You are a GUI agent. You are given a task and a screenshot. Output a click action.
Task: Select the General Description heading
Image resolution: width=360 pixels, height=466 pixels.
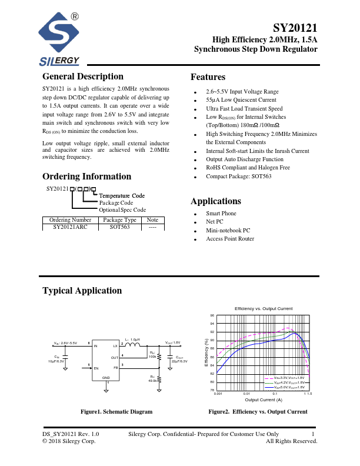coord(83,76)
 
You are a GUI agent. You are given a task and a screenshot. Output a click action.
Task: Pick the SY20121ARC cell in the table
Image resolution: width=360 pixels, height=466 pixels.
coord(69,226)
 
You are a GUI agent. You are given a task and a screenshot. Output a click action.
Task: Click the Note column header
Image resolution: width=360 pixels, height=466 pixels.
coord(152,219)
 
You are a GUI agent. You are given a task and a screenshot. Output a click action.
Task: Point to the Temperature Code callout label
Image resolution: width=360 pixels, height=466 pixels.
coord(122,195)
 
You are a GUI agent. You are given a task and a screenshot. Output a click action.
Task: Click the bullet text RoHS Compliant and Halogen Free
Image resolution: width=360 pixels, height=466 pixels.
coord(248,168)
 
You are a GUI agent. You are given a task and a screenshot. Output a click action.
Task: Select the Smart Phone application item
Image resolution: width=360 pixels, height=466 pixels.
coord(221,214)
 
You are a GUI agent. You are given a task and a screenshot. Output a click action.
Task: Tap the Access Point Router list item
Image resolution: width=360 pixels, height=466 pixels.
coord(230,239)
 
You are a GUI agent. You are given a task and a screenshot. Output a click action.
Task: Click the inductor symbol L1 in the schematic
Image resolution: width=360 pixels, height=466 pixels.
coord(134,345)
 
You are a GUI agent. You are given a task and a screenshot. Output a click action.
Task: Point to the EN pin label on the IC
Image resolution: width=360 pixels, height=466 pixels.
coord(96,367)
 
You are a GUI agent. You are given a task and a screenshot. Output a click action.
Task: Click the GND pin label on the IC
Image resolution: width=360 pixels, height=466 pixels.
coord(106,377)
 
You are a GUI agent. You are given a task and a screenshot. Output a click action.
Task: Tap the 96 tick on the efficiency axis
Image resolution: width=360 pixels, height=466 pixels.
coord(212,315)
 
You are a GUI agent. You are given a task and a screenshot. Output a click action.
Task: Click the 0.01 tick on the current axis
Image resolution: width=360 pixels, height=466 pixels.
coord(246,393)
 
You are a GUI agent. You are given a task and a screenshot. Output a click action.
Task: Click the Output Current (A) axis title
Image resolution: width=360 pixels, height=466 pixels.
coord(263,400)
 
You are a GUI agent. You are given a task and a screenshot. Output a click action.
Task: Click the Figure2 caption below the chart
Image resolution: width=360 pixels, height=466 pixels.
coord(258,412)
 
